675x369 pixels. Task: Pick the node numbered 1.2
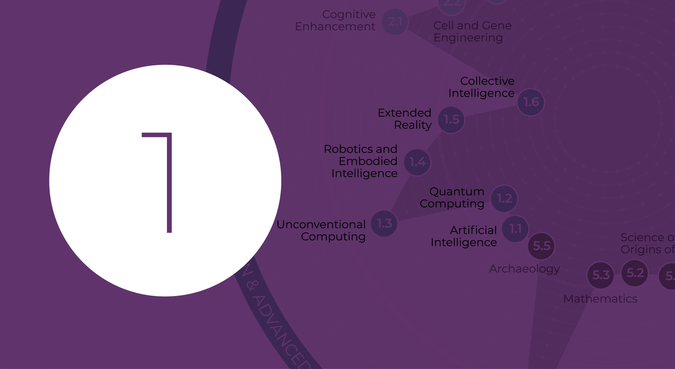pyautogui.click(x=504, y=198)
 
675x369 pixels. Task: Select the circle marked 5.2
pyautogui.click(x=635, y=273)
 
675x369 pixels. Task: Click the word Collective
pyautogui.click(x=487, y=81)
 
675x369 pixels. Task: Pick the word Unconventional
pyautogui.click(x=321, y=225)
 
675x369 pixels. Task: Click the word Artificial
pyautogui.click(x=473, y=230)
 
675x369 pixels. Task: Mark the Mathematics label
pyautogui.click(x=600, y=299)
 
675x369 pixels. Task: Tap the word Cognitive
pyautogui.click(x=349, y=15)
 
